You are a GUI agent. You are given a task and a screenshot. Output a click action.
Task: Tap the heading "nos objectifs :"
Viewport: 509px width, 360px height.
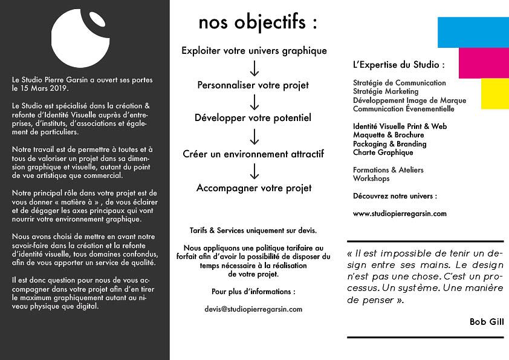tap(258, 23)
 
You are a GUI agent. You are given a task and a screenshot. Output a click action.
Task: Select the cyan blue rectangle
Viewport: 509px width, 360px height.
tap(473, 31)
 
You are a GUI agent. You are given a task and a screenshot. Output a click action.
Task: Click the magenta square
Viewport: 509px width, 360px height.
tap(484, 63)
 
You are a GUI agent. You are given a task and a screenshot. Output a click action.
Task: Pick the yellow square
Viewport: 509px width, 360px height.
tap(494, 94)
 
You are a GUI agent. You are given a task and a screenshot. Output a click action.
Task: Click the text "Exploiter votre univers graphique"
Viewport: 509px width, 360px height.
tap(254, 51)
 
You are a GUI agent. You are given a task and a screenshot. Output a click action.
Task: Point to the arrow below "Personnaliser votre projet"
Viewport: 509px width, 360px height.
tap(254, 102)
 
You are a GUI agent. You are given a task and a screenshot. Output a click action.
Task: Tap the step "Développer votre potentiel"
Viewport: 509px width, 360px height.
tap(253, 118)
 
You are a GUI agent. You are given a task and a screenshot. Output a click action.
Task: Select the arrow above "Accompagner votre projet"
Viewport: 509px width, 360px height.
tap(254, 172)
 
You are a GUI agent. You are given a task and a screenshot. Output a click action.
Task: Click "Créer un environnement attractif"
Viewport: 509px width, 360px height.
tap(253, 154)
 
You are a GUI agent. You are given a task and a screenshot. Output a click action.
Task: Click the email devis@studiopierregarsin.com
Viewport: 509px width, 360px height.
tap(253, 309)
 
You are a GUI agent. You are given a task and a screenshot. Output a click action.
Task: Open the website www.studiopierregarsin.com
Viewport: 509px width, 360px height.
tap(400, 214)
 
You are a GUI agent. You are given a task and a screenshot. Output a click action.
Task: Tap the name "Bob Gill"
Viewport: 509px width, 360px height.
tap(486, 322)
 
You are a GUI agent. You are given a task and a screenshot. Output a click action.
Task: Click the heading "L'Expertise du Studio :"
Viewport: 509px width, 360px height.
tap(398, 65)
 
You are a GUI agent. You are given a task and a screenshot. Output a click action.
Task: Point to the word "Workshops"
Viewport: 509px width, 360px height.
tap(371, 179)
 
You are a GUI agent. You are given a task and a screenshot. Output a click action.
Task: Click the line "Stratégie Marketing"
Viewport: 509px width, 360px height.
tap(386, 91)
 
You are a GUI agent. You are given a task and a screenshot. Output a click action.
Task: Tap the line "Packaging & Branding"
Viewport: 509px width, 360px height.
tap(389, 144)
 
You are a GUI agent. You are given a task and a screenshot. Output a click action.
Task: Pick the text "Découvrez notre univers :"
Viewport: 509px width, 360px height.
tap(394, 196)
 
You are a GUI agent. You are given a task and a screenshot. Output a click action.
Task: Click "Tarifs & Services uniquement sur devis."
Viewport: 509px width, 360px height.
tap(253, 231)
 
